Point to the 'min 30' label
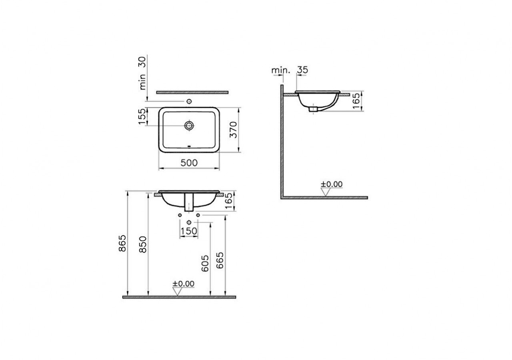[x=143, y=73]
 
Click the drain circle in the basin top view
[x=189, y=126]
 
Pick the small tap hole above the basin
[x=190, y=102]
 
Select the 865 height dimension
[x=123, y=243]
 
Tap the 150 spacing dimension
[x=189, y=231]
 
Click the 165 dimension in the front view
[x=228, y=200]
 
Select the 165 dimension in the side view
[x=357, y=102]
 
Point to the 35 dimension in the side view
[x=302, y=70]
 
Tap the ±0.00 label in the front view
[x=184, y=284]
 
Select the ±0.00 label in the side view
[x=332, y=184]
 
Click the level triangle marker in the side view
[x=326, y=192]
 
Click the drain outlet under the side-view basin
[x=314, y=108]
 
